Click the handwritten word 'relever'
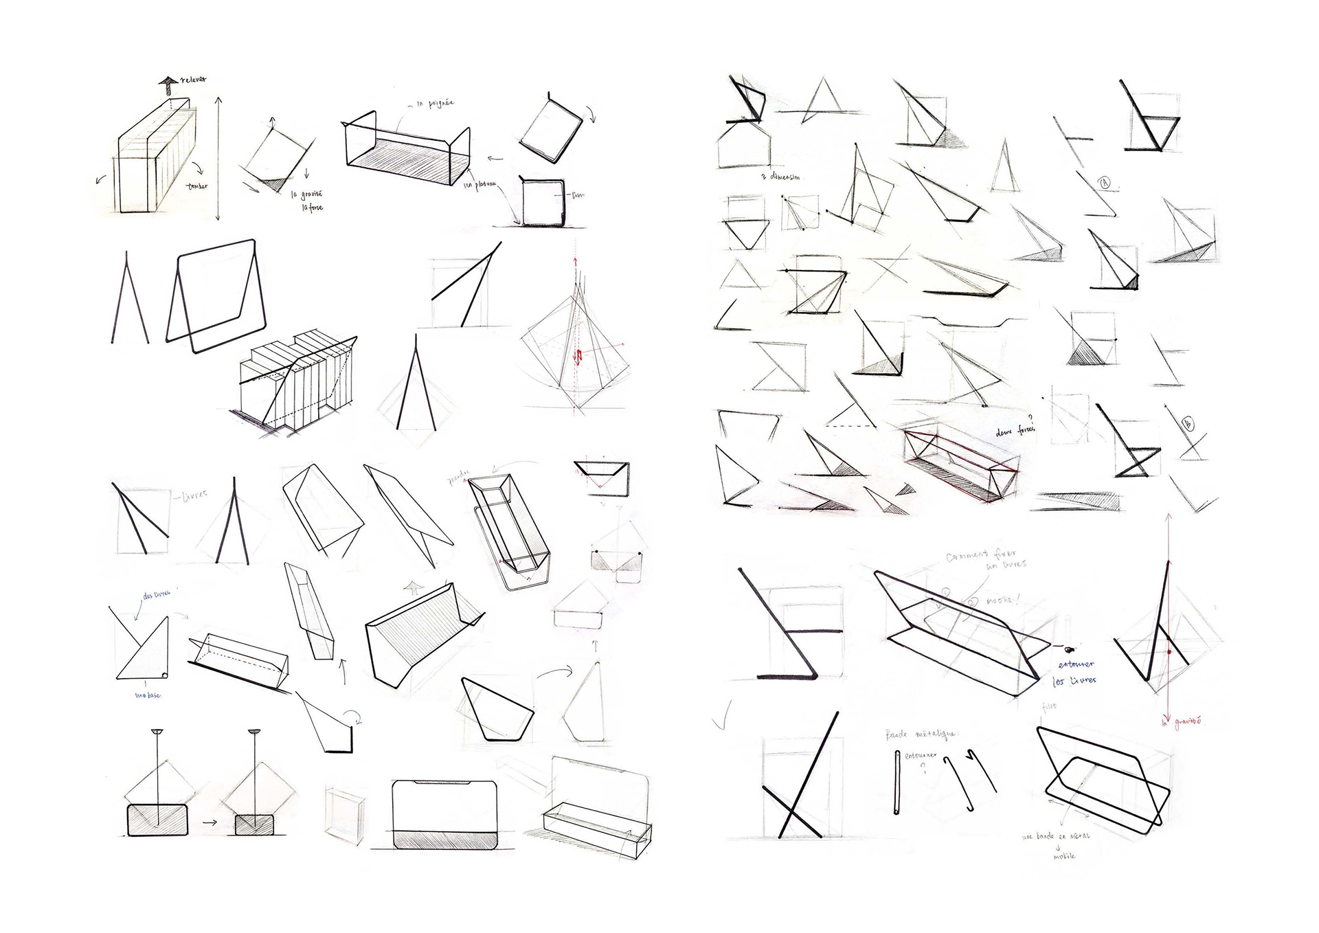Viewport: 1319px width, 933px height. pyautogui.click(x=194, y=80)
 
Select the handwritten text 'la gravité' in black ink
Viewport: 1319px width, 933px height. pyautogui.click(x=306, y=194)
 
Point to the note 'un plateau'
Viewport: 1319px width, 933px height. pyautogui.click(x=480, y=185)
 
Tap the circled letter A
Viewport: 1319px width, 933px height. pyautogui.click(x=1105, y=183)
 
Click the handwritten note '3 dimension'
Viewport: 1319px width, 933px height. pyautogui.click(x=781, y=177)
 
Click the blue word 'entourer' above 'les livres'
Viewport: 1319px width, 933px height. pyautogui.click(x=1076, y=664)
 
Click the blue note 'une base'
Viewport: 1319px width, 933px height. pyautogui.click(x=148, y=695)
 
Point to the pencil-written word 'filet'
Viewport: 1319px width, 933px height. pyautogui.click(x=1049, y=706)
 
